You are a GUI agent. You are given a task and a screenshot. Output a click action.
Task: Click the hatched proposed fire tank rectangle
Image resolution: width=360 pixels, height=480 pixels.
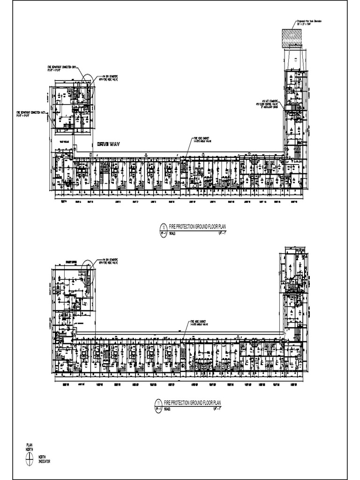292,37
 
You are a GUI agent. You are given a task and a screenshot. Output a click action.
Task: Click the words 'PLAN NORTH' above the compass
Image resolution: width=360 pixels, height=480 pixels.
30,448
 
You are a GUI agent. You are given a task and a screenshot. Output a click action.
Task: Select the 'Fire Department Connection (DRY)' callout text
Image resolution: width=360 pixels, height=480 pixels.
65,68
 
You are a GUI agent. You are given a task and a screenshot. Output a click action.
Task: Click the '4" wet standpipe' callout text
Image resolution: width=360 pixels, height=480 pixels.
267,103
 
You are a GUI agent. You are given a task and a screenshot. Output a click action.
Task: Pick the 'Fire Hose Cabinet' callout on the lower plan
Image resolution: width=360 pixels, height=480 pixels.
199,322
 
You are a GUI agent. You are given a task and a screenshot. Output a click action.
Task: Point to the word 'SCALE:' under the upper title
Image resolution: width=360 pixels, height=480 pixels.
172,232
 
